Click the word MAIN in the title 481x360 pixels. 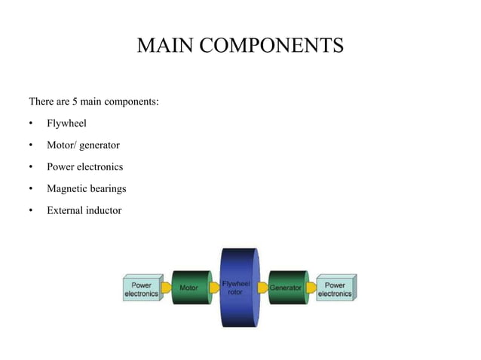point(165,45)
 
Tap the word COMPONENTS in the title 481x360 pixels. point(271,45)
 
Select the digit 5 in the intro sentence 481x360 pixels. point(75,102)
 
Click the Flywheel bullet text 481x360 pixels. point(66,124)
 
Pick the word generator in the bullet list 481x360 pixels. point(100,145)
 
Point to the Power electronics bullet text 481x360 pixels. point(85,166)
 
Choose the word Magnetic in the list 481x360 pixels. point(66,189)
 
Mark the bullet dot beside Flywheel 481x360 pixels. point(31,124)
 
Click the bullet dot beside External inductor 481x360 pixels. point(31,210)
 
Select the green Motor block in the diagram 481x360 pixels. point(191,288)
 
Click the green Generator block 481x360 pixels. point(288,288)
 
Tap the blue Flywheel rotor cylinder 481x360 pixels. point(240,288)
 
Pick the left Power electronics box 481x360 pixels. point(143,288)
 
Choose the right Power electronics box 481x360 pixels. point(336,288)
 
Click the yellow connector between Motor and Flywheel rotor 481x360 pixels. point(214,288)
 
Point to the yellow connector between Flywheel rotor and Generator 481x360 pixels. point(263,288)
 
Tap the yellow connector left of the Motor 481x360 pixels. point(167,288)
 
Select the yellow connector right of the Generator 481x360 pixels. point(311,288)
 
